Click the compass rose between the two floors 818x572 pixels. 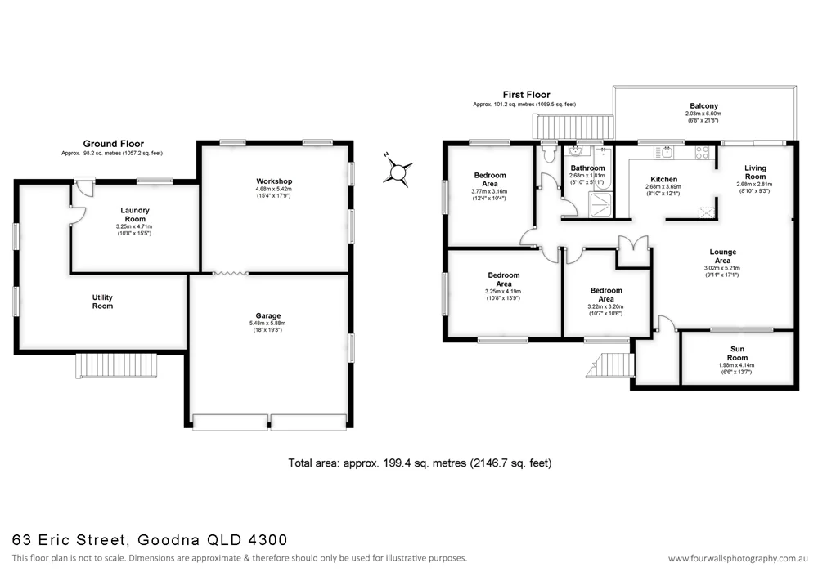398,172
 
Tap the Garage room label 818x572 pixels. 267,315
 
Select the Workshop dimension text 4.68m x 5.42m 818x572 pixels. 273,190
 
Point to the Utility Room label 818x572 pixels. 102,302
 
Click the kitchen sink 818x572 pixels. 668,151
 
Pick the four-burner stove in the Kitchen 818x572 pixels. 702,151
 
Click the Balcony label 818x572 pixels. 703,106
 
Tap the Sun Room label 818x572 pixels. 714,352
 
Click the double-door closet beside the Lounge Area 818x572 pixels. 633,251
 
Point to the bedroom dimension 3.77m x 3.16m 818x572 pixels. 490,192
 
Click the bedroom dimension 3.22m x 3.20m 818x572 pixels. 605,306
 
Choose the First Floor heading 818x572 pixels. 527,95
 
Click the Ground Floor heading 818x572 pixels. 113,144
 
